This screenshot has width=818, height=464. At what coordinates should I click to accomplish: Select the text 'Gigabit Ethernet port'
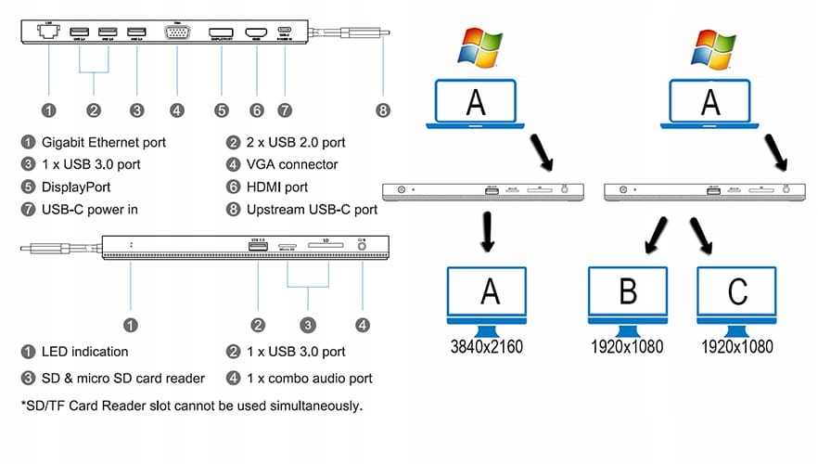point(105,143)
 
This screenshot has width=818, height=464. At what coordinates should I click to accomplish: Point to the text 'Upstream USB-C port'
point(312,210)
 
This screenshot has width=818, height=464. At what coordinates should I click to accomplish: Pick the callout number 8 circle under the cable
point(383,110)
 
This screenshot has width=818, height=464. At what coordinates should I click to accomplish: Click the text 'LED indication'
point(85,352)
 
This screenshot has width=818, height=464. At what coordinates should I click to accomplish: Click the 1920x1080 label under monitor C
point(737,346)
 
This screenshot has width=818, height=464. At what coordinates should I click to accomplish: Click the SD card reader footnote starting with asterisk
point(191,406)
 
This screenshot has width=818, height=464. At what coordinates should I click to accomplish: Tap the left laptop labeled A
point(476,105)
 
